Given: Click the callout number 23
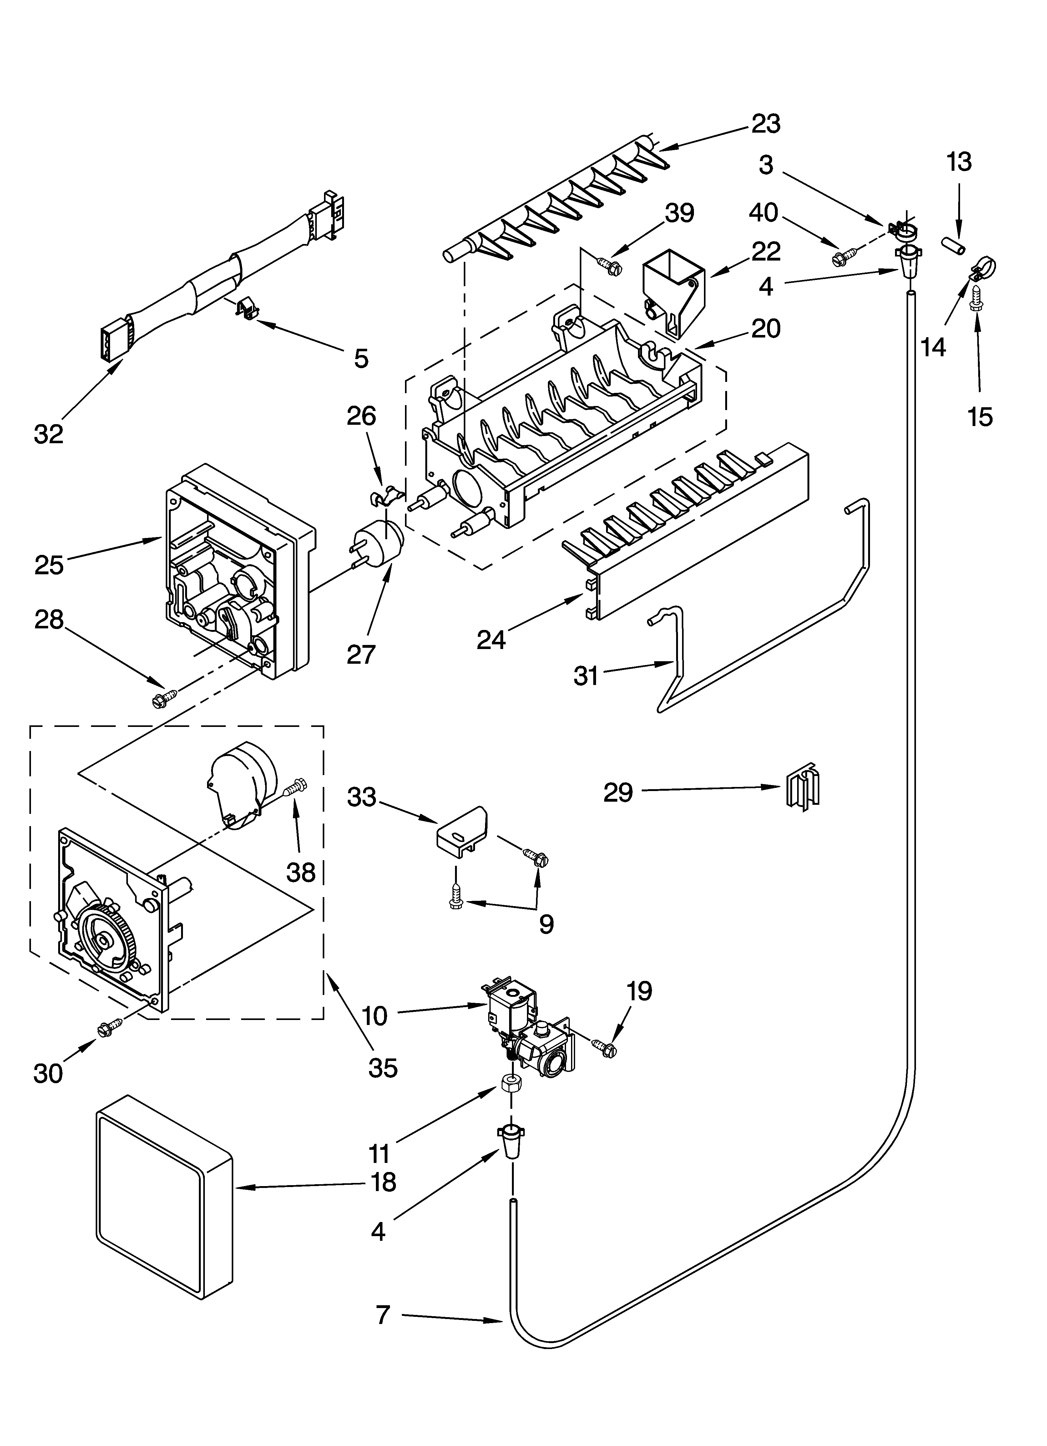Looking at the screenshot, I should (x=765, y=124).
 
